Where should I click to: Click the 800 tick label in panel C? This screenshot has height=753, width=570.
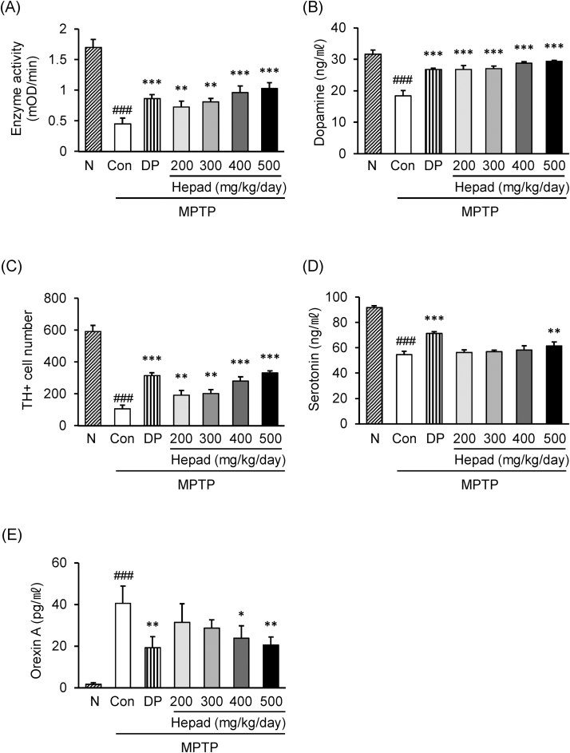click(x=57, y=298)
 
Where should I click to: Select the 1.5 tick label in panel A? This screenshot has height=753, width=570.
click(x=57, y=60)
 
